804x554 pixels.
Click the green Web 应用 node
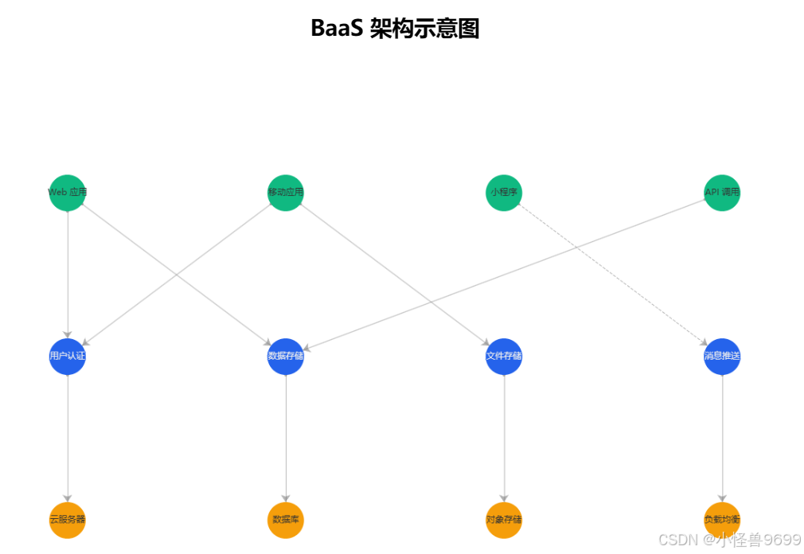pyautogui.click(x=68, y=193)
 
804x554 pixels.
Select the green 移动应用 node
pyautogui.click(x=286, y=193)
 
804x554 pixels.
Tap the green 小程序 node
pyautogui.click(x=504, y=193)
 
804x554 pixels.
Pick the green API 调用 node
pyautogui.click(x=722, y=193)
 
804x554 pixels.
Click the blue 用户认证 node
pyautogui.click(x=68, y=356)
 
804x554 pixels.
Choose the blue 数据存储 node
pyautogui.click(x=286, y=356)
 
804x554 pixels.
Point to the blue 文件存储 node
pyautogui.click(x=504, y=356)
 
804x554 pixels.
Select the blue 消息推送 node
pyautogui.click(x=722, y=356)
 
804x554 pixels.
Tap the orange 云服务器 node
pyautogui.click(x=68, y=520)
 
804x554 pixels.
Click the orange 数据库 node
pyautogui.click(x=286, y=520)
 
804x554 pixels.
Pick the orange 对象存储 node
pyautogui.click(x=504, y=520)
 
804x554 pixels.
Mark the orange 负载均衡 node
pyautogui.click(x=722, y=520)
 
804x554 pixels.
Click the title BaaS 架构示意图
pyautogui.click(x=395, y=29)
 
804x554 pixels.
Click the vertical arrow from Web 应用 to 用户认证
pyautogui.click(x=68, y=275)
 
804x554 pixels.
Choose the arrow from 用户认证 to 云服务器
pyautogui.click(x=68, y=438)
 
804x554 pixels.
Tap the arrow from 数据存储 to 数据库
pyautogui.click(x=286, y=438)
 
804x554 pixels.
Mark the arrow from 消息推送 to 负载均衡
pyautogui.click(x=722, y=438)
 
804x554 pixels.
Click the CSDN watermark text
pyautogui.click(x=729, y=540)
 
